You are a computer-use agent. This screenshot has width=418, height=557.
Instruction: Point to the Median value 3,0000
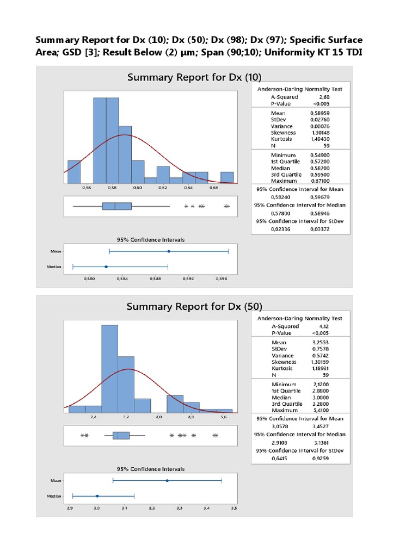pyautogui.click(x=322, y=397)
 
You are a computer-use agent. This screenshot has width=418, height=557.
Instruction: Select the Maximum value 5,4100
pyautogui.click(x=322, y=410)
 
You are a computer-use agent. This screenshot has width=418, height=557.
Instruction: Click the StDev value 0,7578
pyautogui.click(x=322, y=349)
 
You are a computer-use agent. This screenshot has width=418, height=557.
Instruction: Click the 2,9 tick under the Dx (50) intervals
pyautogui.click(x=69, y=509)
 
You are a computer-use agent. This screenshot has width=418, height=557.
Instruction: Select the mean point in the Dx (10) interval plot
pyautogui.click(x=169, y=251)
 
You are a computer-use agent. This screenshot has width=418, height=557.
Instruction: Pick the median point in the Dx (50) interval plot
pyautogui.click(x=97, y=496)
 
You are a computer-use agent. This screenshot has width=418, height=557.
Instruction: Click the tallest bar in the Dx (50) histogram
pyautogui.click(x=109, y=369)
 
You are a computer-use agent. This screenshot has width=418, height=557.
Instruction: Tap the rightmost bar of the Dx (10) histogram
pyautogui.click(x=227, y=177)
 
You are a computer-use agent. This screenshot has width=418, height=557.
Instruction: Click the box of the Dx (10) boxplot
pyautogui.click(x=116, y=206)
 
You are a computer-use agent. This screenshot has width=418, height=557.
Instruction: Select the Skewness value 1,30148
pyautogui.click(x=322, y=132)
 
